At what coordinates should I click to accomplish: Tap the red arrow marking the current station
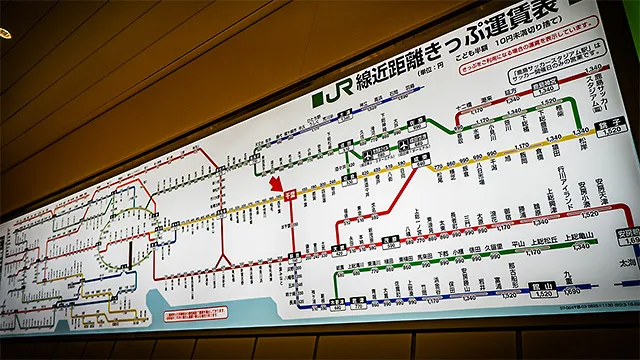tap(276, 183)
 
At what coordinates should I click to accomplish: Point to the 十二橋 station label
tap(462, 103)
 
